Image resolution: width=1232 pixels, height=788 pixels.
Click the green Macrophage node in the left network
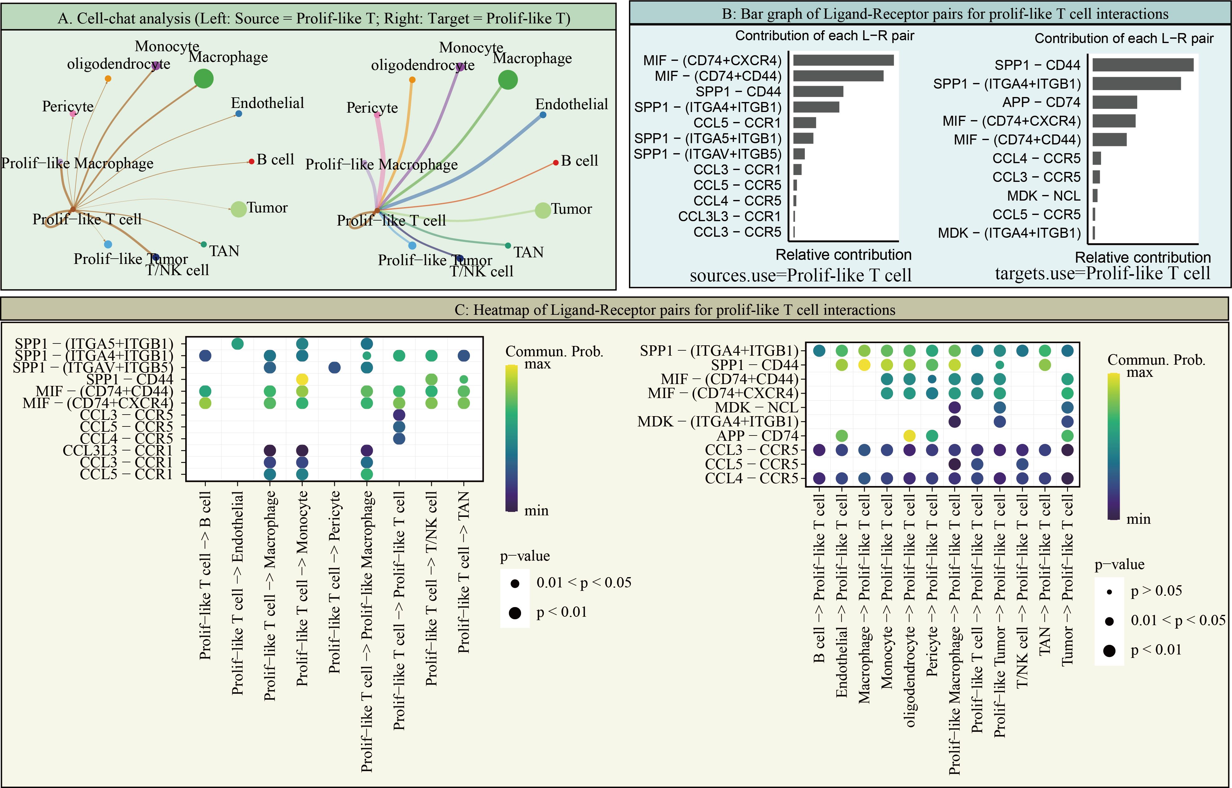point(204,79)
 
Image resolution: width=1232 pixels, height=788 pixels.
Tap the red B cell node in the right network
point(556,163)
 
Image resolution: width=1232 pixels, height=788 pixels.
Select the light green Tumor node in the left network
point(239,209)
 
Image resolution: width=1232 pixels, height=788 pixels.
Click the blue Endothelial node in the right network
point(543,114)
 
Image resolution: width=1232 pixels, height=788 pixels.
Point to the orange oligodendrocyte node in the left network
point(108,78)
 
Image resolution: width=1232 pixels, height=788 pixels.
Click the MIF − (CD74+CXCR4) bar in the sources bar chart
point(843,60)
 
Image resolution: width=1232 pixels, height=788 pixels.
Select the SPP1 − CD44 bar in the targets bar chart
point(1143,65)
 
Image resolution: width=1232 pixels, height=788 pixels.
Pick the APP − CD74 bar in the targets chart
point(1114,102)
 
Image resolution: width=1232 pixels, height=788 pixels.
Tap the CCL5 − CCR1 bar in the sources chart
point(804,123)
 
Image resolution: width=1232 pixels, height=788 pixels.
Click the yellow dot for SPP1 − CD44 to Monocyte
point(302,379)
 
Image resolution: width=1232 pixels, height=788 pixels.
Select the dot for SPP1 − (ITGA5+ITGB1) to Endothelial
point(237,344)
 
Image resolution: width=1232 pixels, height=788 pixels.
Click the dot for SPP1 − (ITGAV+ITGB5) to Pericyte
point(334,367)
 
